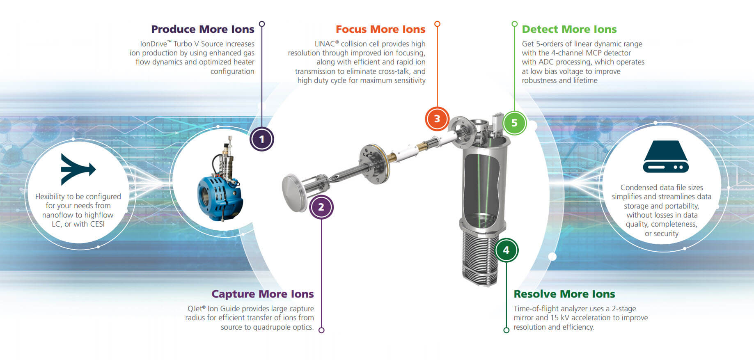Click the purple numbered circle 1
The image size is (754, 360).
[261, 139]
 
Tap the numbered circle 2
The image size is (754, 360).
[321, 207]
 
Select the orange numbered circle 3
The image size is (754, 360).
[437, 119]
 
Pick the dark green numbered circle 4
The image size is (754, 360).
[506, 250]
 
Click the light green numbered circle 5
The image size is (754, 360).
[514, 123]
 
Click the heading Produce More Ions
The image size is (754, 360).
[202, 29]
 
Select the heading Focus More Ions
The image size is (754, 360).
[380, 29]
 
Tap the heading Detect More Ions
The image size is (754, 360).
[569, 29]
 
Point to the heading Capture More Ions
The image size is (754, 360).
[262, 294]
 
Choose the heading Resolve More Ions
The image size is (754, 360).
[564, 294]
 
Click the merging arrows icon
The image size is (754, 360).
[77, 169]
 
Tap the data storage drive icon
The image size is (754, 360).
[665, 157]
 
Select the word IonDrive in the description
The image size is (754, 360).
[154, 44]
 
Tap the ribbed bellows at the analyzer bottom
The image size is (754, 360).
[480, 259]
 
